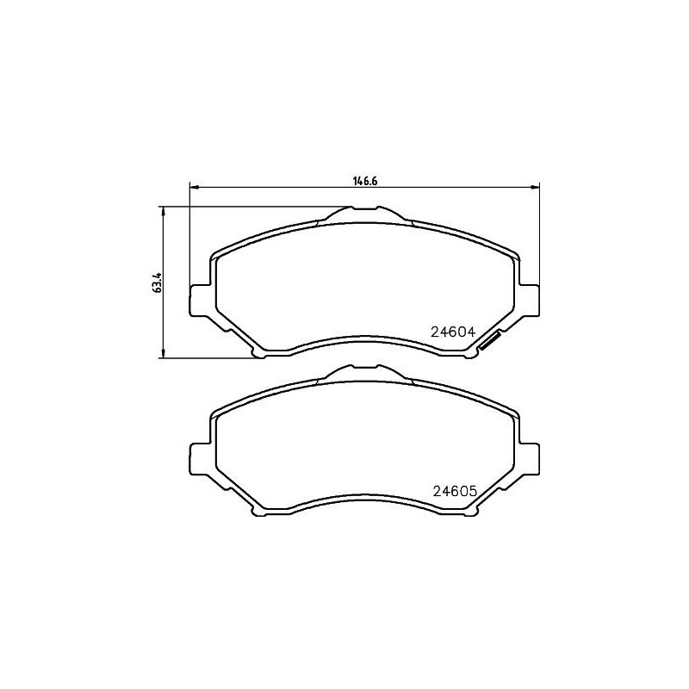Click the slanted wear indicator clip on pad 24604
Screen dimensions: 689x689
[492, 342]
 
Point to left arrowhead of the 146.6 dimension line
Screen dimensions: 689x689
[193, 186]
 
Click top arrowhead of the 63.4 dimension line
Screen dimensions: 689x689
[162, 209]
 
